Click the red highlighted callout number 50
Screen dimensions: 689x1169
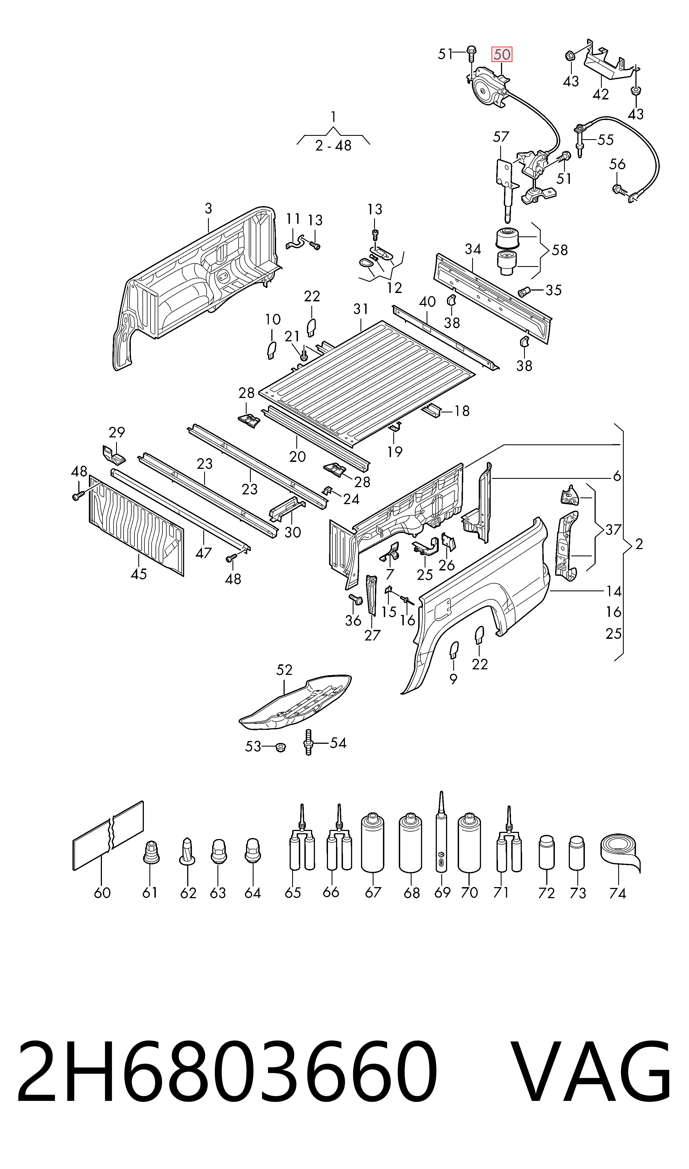(502, 55)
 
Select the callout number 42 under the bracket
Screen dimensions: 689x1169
(601, 94)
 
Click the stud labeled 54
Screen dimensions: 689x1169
(308, 743)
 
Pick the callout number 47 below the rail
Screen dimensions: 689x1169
(204, 553)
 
